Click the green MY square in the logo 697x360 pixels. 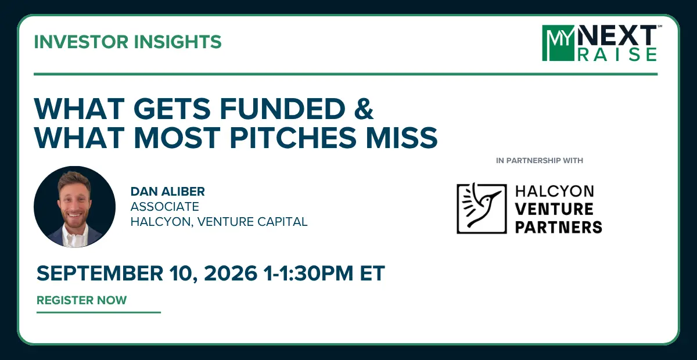pyautogui.click(x=558, y=43)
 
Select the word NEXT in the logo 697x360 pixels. pyautogui.click(x=617, y=35)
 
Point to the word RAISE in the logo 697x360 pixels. pyautogui.click(x=617, y=55)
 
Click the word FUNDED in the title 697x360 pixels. pyautogui.click(x=282, y=109)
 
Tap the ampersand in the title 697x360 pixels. pyautogui.click(x=364, y=109)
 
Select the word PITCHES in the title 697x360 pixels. pyautogui.click(x=293, y=137)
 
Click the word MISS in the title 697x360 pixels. pyautogui.click(x=402, y=137)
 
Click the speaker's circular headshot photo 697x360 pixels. pyautogui.click(x=75, y=207)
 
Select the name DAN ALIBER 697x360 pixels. pyautogui.click(x=168, y=192)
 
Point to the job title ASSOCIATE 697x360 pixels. pyautogui.click(x=165, y=207)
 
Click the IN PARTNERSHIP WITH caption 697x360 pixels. pyautogui.click(x=540, y=161)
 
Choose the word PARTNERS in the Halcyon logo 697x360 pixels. pyautogui.click(x=559, y=227)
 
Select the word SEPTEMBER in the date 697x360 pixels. pyautogui.click(x=100, y=273)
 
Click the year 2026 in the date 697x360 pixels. pyautogui.click(x=231, y=273)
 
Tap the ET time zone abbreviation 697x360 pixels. pyautogui.click(x=372, y=273)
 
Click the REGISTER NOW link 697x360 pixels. pyautogui.click(x=82, y=300)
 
